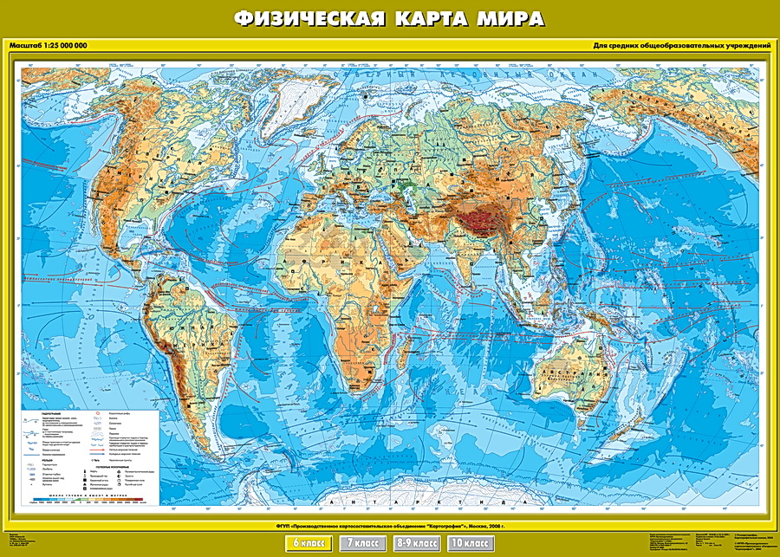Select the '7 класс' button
363,543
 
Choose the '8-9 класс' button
415,543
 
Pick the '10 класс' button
469,543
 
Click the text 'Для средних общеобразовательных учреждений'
682,45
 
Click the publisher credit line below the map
390,525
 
